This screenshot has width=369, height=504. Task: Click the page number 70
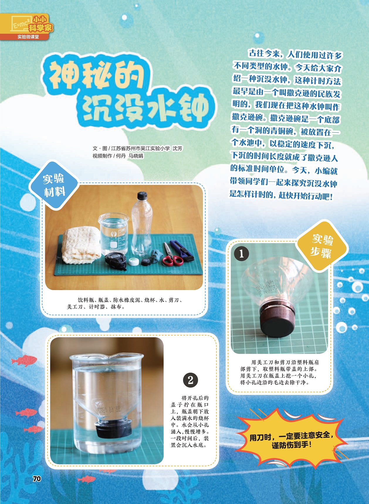point(37,479)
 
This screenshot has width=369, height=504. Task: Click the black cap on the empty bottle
point(142,195)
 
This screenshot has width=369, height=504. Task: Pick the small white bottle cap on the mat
point(133,262)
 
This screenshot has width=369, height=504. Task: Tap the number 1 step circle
point(242,254)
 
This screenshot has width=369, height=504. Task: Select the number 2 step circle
point(190,380)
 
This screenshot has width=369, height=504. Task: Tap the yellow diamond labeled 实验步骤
point(322,246)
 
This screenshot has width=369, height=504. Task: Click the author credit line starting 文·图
point(138,148)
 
